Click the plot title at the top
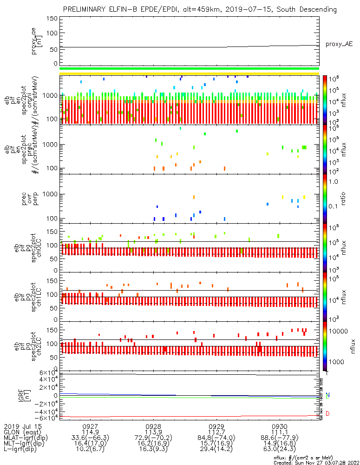coord(200,9)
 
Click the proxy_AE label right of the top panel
coord(340,44)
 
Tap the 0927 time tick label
coord(90,426)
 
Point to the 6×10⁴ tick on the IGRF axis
coord(47,373)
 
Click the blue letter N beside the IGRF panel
coord(328,395)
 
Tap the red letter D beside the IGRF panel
coord(328,413)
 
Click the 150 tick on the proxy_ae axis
coord(52,19)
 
